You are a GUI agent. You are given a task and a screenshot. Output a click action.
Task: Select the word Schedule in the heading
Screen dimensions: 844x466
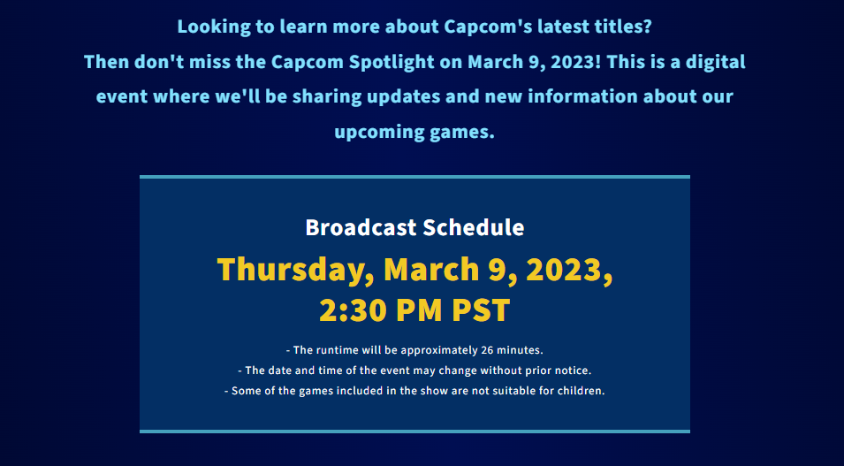pos(473,227)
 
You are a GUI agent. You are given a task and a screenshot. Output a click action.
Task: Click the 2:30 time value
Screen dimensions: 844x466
pos(353,311)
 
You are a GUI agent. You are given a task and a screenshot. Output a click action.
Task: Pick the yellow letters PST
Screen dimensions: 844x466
pos(481,311)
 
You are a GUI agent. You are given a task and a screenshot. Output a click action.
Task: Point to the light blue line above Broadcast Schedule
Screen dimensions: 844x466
pos(414,177)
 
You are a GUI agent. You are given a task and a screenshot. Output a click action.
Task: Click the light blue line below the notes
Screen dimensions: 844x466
pos(414,432)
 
